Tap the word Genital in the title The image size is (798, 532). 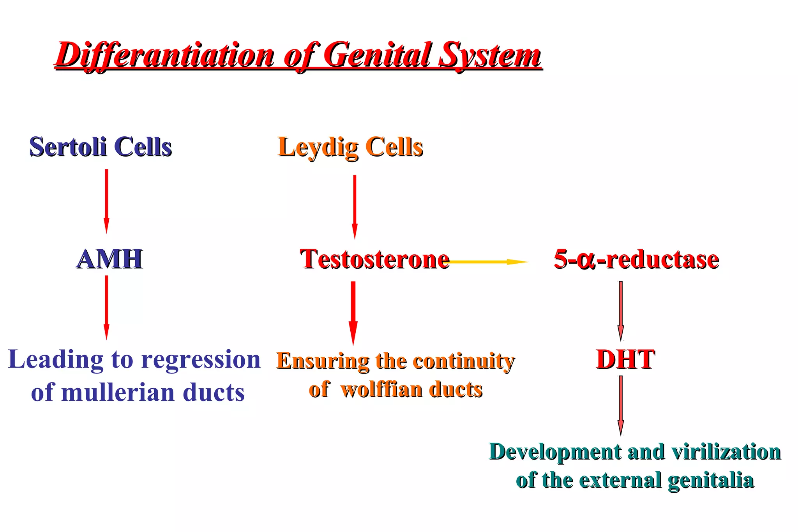[x=378, y=55]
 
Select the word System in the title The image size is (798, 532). [x=490, y=55]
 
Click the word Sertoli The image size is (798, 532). [x=68, y=147]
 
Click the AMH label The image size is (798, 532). [x=109, y=259]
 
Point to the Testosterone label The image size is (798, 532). [x=374, y=259]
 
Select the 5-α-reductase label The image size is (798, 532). [x=636, y=259]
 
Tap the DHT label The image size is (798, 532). [x=625, y=359]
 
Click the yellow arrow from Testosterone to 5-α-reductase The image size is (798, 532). [x=487, y=262]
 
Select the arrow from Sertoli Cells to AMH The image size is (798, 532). [x=106, y=201]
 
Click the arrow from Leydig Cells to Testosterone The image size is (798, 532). [x=355, y=206]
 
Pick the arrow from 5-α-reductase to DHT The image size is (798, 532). [x=621, y=310]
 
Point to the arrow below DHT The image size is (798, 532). [x=621, y=405]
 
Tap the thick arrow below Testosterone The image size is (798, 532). [x=353, y=312]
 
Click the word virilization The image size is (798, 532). [x=726, y=452]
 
